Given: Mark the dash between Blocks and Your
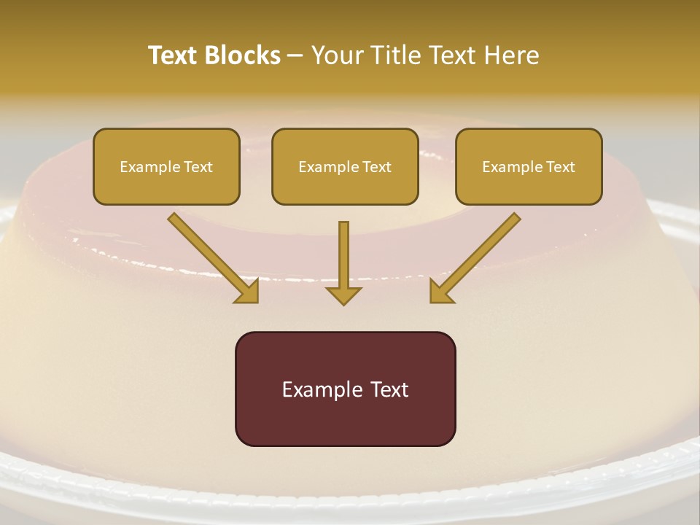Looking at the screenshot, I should pyautogui.click(x=295, y=56).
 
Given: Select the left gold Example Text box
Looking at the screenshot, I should pyautogui.click(x=166, y=166).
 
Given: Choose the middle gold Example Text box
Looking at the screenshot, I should pyautogui.click(x=345, y=166).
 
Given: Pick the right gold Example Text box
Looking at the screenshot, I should pyautogui.click(x=529, y=166).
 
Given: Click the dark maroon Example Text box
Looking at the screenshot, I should pyautogui.click(x=345, y=389).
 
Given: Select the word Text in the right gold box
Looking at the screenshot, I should pyautogui.click(x=561, y=167).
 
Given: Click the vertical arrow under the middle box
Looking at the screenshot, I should pyautogui.click(x=343, y=259).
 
